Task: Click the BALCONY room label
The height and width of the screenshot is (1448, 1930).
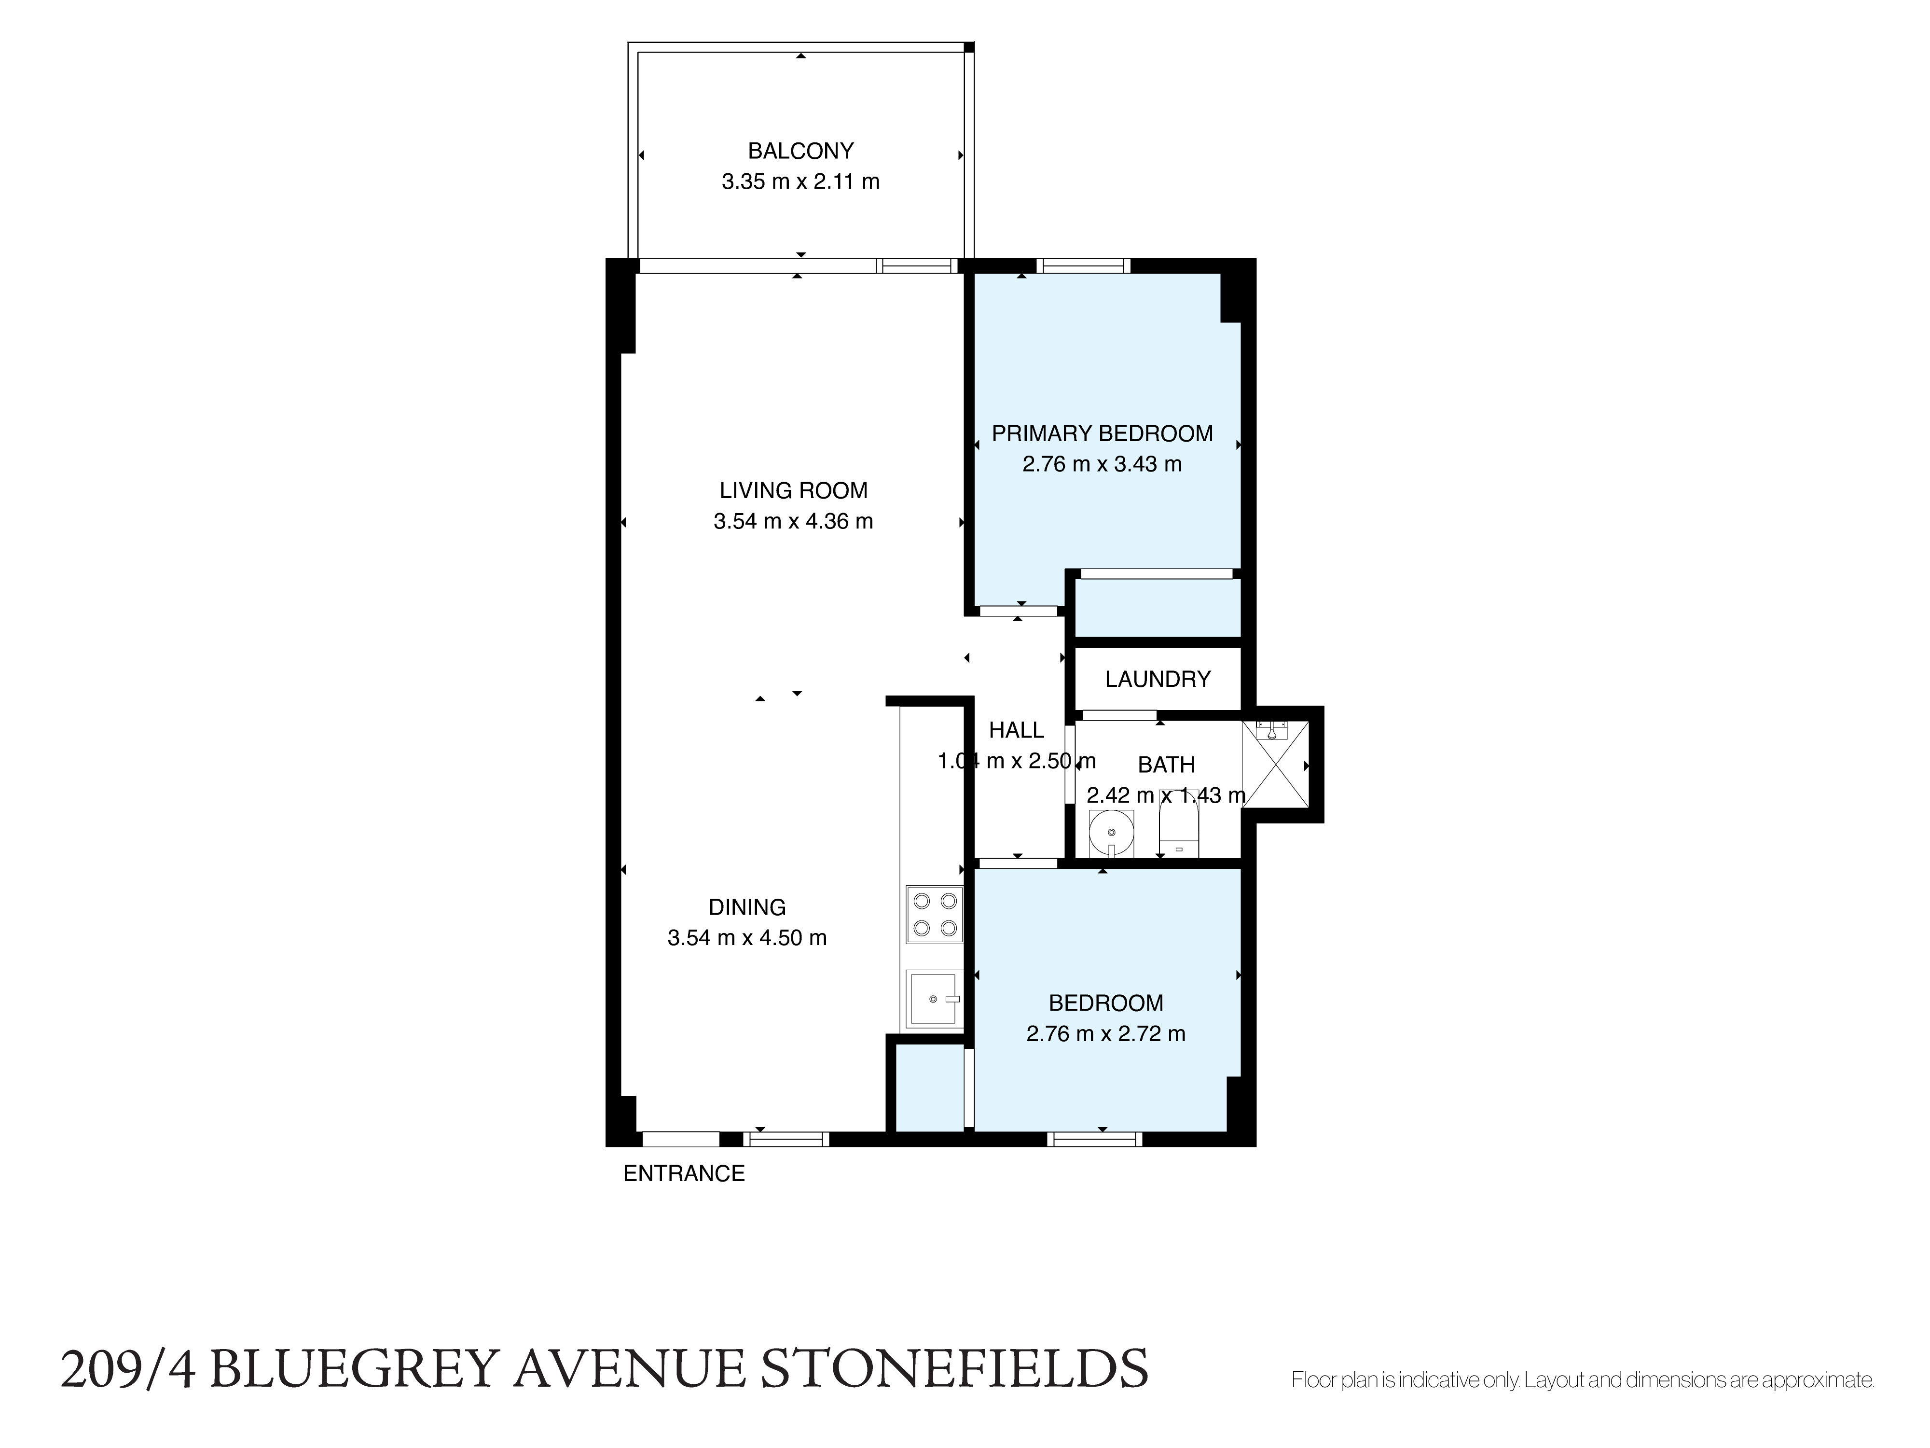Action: (800, 151)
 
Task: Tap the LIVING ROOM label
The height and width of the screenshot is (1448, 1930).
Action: (793, 490)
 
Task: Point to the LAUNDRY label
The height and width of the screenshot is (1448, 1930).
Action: (1158, 679)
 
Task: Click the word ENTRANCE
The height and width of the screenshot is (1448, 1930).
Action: (684, 1174)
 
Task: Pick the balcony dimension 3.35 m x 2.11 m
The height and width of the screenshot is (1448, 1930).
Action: (800, 181)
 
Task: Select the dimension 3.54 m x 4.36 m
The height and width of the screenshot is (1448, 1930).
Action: (793, 521)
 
